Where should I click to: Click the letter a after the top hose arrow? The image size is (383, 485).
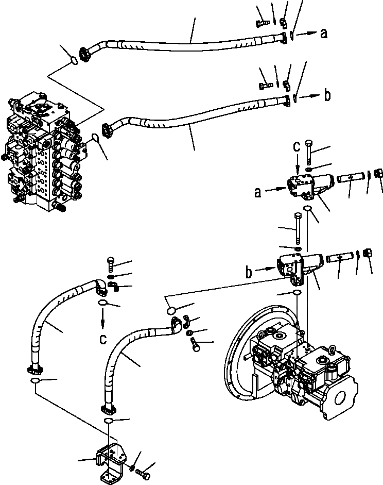pyautogui.click(x=323, y=34)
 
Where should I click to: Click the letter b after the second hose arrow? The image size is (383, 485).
pyautogui.click(x=327, y=95)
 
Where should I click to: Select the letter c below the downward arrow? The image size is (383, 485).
pyautogui.click(x=103, y=341)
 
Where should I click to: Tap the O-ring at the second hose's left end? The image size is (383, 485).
pyautogui.click(x=96, y=137)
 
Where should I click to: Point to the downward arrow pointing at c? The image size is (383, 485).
pyautogui.click(x=103, y=320)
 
